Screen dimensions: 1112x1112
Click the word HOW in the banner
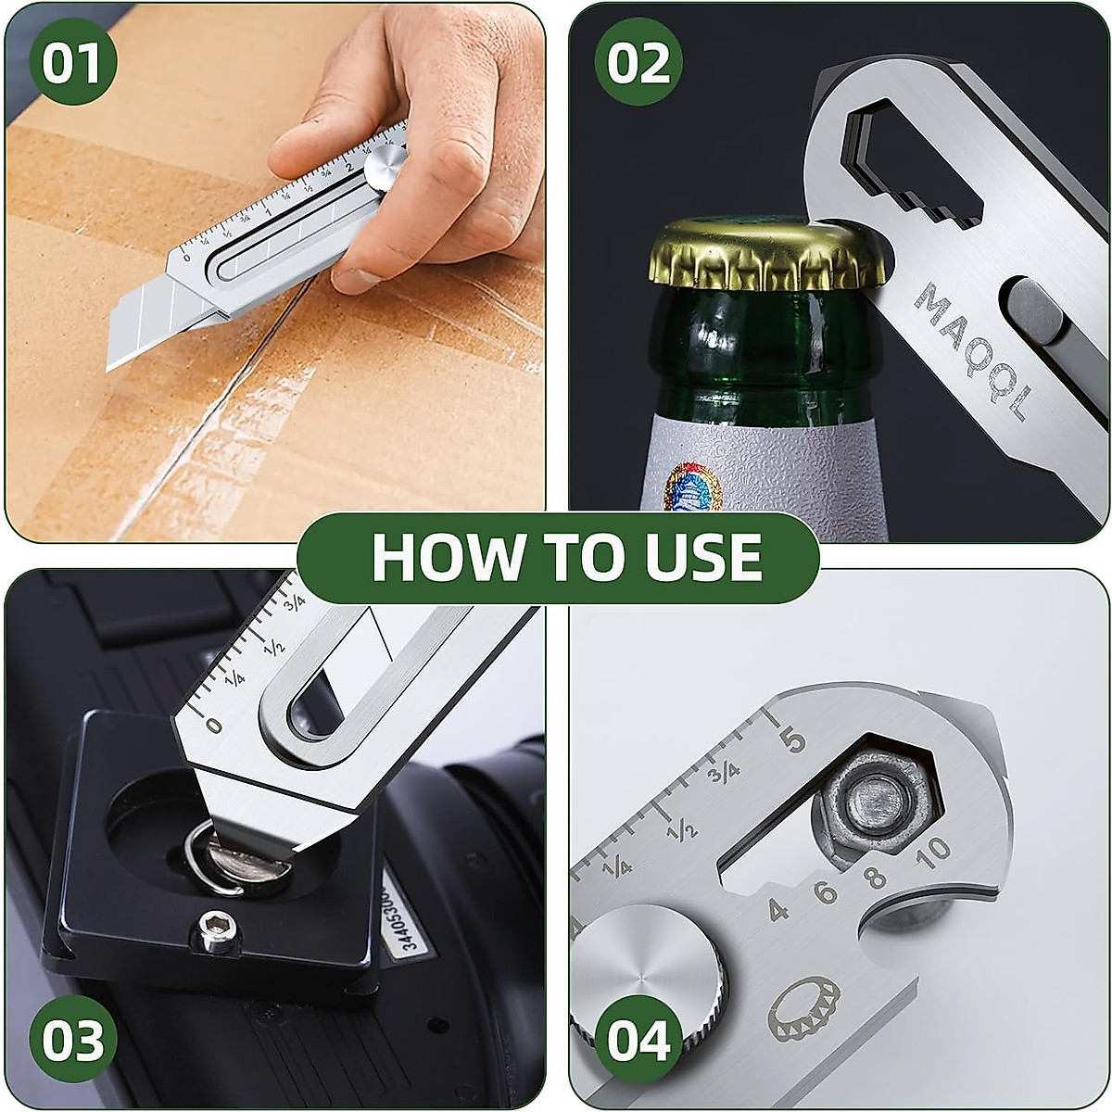click(436, 557)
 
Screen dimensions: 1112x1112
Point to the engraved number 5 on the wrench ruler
click(794, 740)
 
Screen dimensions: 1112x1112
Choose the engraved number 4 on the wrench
click(779, 909)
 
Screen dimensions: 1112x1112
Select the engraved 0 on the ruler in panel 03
click(214, 726)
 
